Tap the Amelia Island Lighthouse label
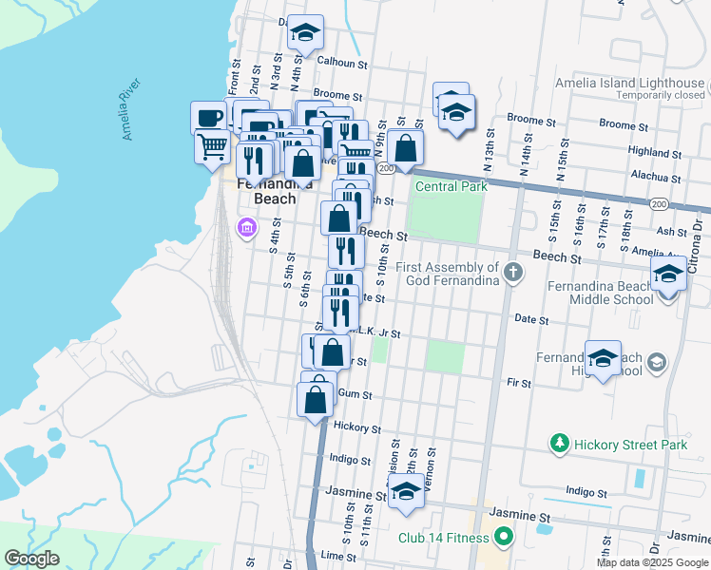point(630,84)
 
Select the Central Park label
point(452,186)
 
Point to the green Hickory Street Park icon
point(560,444)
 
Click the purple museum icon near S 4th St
point(246,228)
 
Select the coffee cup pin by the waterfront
point(209,119)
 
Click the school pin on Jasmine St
point(406,492)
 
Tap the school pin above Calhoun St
point(306,33)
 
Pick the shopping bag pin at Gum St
point(316,400)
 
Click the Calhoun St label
point(342,63)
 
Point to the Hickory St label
point(358,428)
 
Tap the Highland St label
point(649,151)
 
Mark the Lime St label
point(337,555)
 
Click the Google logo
point(31,559)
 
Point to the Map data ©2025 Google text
point(651,562)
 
